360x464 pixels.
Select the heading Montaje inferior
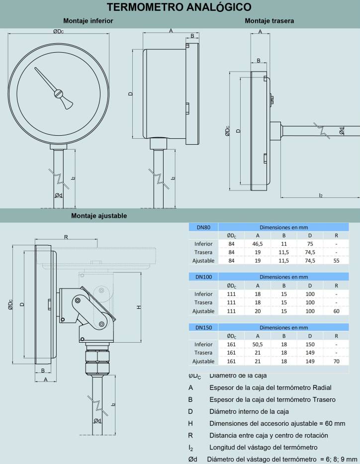coord(88,21)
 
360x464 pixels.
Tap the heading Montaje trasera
coord(269,21)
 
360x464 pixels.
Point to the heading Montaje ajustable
coord(99,216)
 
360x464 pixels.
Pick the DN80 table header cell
coord(203,227)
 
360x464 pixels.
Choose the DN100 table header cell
coord(204,277)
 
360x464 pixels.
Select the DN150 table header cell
coord(204,327)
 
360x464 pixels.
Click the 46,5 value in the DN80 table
coord(258,244)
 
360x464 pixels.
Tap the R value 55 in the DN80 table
coord(336,260)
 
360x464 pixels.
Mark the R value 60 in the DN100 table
coord(336,311)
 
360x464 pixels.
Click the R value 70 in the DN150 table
coord(336,362)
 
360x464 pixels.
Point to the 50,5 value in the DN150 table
coord(258,344)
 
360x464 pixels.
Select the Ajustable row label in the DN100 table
coord(203,311)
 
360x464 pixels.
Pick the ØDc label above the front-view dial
coord(58,31)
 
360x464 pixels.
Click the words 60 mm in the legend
coord(336,423)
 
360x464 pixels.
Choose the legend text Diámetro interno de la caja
coord(249,411)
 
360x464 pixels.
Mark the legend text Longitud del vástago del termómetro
coord(264,447)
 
